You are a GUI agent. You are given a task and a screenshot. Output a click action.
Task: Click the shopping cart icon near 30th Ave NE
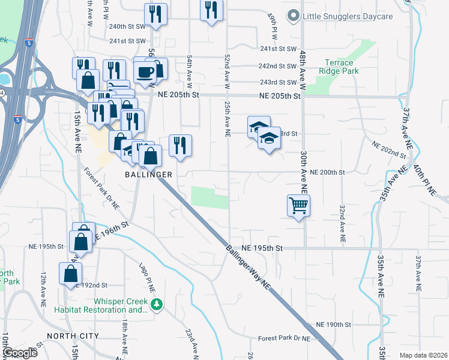click(x=298, y=206)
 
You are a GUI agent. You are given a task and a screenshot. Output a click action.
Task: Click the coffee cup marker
click(x=145, y=72)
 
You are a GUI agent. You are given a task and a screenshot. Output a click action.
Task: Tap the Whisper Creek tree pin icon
click(x=157, y=304)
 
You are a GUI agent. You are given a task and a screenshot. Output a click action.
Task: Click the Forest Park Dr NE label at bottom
click(x=284, y=338)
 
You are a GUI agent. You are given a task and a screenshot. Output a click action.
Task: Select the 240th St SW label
click(x=127, y=26)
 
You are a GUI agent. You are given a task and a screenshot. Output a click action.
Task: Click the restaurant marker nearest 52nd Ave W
click(x=211, y=10)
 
